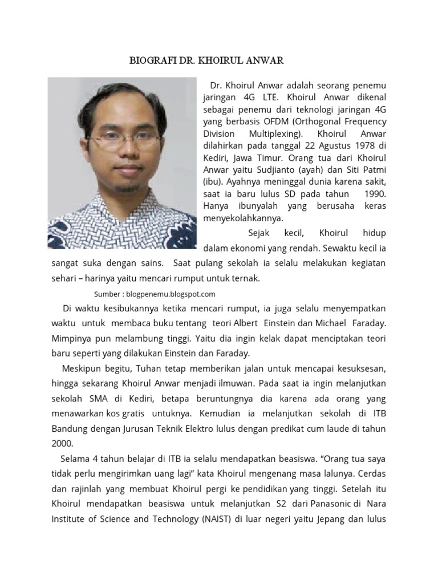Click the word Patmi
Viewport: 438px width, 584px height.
(x=372, y=169)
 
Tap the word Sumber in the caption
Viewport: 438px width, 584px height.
(x=107, y=294)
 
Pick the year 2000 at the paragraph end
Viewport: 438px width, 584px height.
(x=62, y=442)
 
